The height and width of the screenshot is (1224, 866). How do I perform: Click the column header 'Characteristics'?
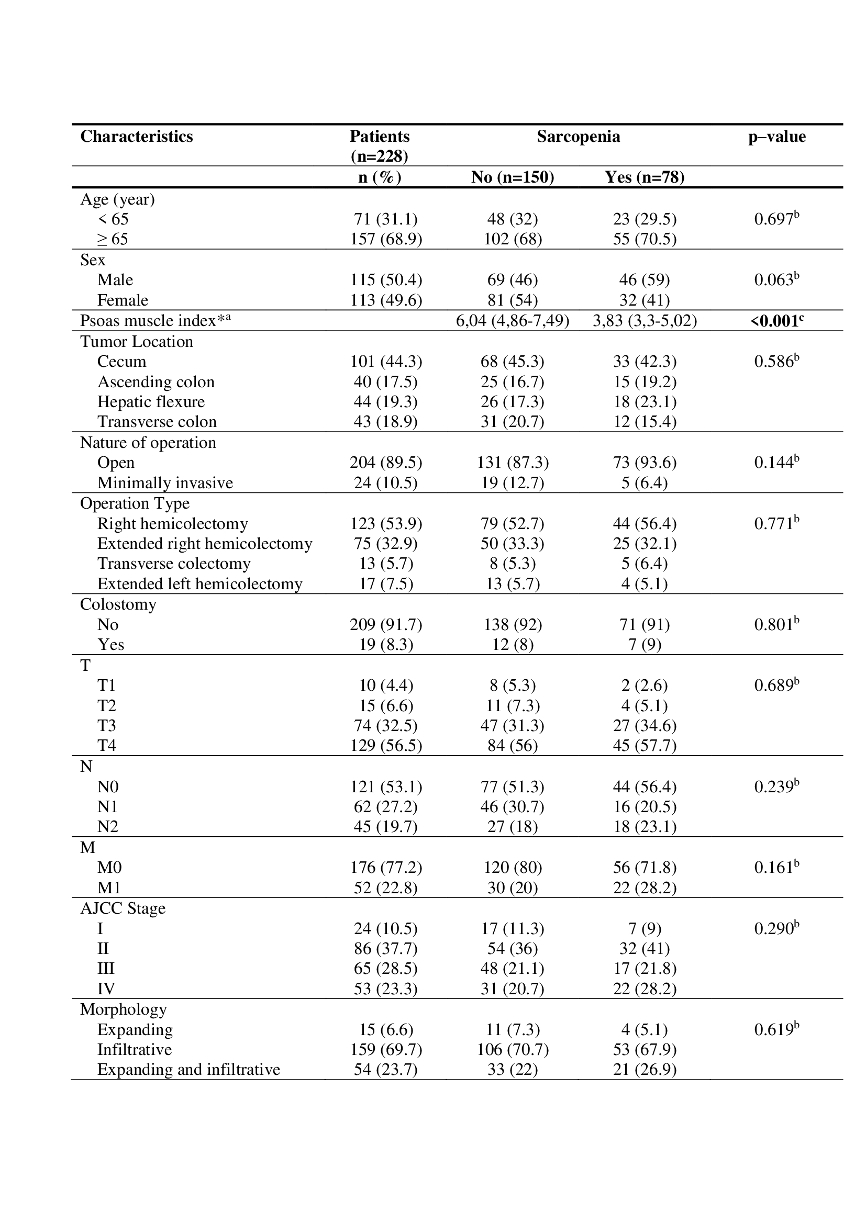137,137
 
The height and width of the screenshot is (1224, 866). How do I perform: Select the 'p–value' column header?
776,137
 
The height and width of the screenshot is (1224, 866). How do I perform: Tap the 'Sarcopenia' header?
578,137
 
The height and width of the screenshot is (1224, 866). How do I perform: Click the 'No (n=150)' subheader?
512,177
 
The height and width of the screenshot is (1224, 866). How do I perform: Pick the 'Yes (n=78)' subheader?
644,177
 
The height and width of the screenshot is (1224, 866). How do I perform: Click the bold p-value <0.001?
776,320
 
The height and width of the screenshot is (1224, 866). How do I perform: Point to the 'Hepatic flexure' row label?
151,401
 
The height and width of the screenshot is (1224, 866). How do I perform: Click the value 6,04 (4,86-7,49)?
512,320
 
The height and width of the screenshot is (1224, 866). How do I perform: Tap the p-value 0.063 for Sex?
776,279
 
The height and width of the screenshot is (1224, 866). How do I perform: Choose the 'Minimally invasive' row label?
165,482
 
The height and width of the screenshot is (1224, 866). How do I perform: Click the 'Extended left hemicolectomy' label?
199,584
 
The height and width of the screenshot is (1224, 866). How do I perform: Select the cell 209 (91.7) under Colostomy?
385,624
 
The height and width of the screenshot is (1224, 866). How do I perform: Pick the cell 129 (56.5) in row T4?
385,745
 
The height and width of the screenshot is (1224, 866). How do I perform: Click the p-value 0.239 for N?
776,787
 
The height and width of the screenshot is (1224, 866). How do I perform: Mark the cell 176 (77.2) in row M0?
385,867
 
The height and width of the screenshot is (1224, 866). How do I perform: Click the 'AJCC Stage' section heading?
123,908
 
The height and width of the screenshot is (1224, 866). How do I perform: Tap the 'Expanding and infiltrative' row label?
188,1070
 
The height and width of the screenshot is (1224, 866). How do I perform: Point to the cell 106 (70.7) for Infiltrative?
512,1049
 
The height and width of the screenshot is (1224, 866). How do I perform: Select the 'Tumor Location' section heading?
137,341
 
